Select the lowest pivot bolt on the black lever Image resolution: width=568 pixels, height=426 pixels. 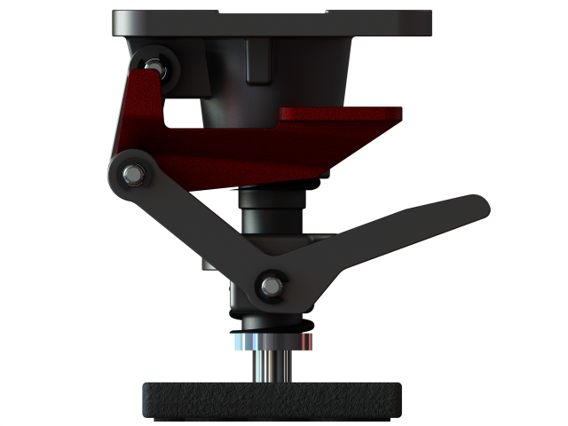270,286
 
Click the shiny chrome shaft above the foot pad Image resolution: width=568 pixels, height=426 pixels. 271,364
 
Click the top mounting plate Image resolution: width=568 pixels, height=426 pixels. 272,22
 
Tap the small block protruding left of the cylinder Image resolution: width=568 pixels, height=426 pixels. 213,264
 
